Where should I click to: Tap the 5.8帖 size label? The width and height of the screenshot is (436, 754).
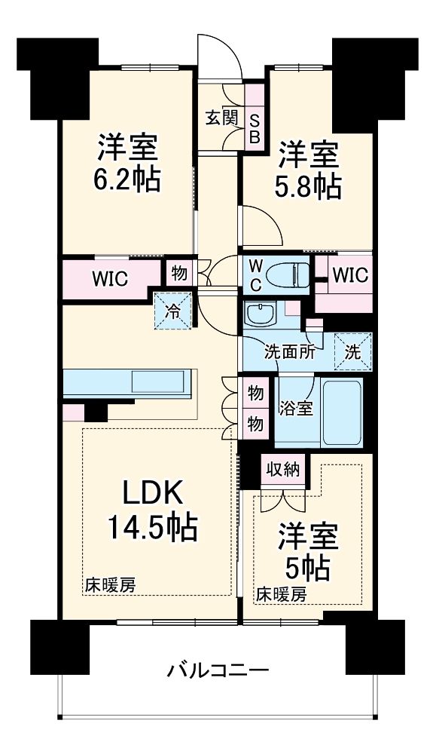coord(309,185)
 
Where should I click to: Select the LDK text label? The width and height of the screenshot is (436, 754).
coord(153,494)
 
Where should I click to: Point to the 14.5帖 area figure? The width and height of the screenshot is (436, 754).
coord(153,528)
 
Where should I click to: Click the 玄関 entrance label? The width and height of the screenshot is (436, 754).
coord(222,118)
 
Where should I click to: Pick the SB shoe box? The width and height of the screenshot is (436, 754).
coord(256,128)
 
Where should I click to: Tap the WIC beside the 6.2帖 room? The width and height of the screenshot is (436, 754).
coord(111,278)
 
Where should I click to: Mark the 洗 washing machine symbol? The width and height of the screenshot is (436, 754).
coord(352,351)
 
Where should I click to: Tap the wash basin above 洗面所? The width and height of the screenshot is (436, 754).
coord(261,314)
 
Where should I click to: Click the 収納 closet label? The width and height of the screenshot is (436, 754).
coord(282,470)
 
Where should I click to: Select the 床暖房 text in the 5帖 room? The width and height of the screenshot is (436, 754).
coord(282,594)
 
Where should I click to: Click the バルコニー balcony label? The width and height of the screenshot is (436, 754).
coord(218,670)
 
